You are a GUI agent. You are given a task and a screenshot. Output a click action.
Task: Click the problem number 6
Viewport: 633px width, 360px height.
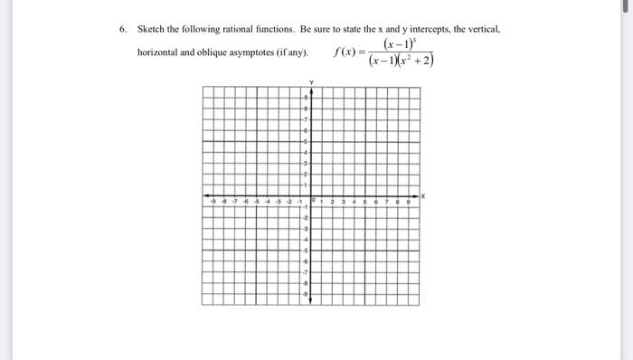(x=123, y=29)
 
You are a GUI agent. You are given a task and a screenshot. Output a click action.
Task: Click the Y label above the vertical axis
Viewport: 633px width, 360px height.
(x=312, y=82)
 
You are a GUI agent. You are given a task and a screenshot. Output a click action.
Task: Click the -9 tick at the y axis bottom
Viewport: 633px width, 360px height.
(x=307, y=294)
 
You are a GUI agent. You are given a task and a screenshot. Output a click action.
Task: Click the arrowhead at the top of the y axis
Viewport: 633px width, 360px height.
(x=311, y=89)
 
